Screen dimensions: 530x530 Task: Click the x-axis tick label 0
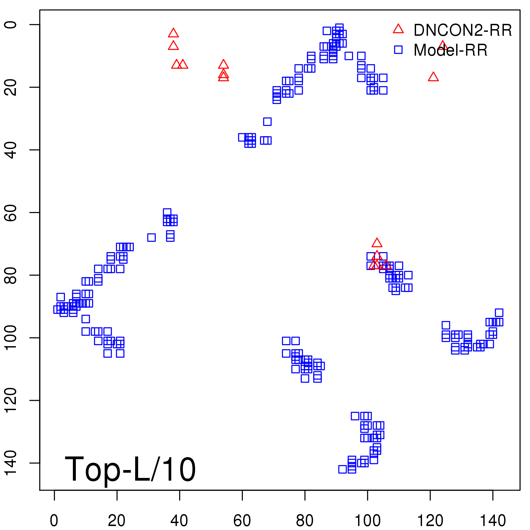54,521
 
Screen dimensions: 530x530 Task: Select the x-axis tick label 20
117,521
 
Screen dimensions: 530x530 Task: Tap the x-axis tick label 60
242,521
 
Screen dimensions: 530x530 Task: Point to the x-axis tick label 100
367,521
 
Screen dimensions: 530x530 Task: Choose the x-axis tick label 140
493,521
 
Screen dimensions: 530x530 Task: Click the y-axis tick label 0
11,25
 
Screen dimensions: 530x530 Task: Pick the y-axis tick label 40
11,150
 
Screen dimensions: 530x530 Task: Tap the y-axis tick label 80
11,275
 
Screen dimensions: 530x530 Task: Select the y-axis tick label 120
11,400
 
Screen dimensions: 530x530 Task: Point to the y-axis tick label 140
11,463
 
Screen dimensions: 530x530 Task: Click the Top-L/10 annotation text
130,469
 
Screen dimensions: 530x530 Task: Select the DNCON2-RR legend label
462,30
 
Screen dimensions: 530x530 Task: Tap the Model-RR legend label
450,50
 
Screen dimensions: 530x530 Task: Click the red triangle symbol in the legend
398,29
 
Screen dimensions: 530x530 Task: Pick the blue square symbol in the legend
398,50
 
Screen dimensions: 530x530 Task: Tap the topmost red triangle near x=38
173,33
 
